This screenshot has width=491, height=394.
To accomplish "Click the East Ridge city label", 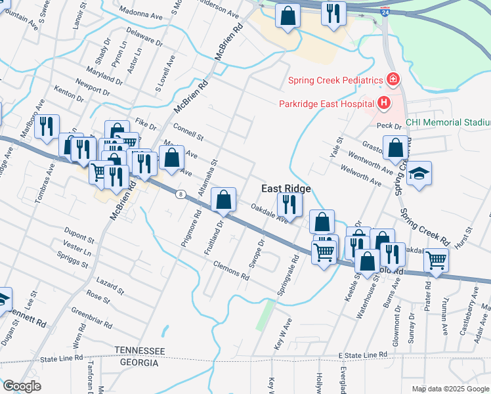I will pos(286,188).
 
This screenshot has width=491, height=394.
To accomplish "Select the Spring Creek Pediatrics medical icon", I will pos(393,80).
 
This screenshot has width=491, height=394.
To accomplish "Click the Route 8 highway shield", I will pos(181,194).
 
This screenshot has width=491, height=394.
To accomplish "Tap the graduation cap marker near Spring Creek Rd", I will pos(419,174).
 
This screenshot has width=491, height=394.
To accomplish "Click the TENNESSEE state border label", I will pos(140,352).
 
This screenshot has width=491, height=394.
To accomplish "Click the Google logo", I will pos(22,386).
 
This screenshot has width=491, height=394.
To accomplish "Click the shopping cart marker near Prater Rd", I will pos(436,259).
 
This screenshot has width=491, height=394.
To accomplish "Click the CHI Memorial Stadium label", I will pos(448,123).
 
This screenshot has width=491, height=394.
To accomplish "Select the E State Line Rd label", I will pos(363,355).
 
